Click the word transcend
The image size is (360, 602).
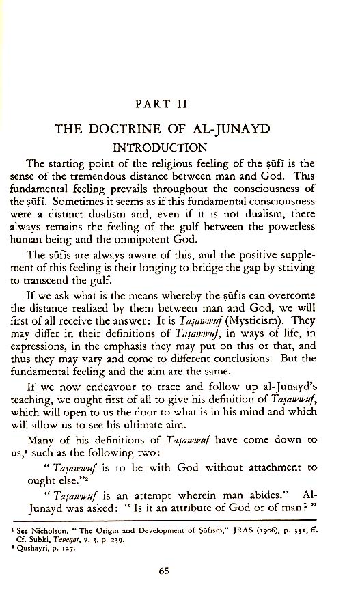[x=81, y=282]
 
